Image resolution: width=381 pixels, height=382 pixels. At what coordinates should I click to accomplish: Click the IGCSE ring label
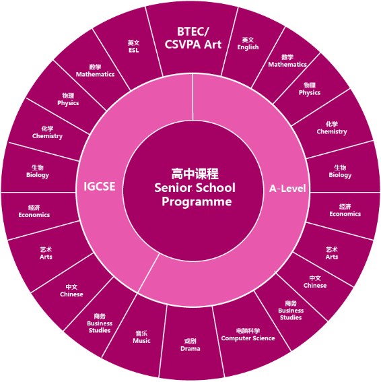(x=100, y=187)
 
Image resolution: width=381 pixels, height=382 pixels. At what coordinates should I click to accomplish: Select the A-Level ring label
(x=287, y=189)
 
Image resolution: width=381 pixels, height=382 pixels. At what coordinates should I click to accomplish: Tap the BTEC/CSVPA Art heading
(x=193, y=38)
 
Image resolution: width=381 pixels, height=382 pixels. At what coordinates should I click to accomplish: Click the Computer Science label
(x=248, y=338)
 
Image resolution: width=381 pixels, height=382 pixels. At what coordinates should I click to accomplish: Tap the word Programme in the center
(x=197, y=201)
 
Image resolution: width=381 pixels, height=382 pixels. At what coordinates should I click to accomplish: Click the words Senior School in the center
(x=195, y=187)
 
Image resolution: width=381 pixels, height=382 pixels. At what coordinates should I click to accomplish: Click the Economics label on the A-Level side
(x=345, y=214)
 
